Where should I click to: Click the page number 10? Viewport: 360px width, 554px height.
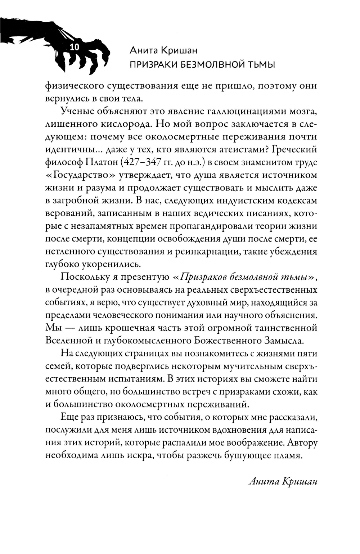pyautogui.click(x=75, y=47)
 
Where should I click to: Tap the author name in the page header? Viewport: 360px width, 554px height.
pyautogui.click(x=163, y=50)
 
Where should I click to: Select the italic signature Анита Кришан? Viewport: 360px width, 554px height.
pyautogui.click(x=283, y=482)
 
